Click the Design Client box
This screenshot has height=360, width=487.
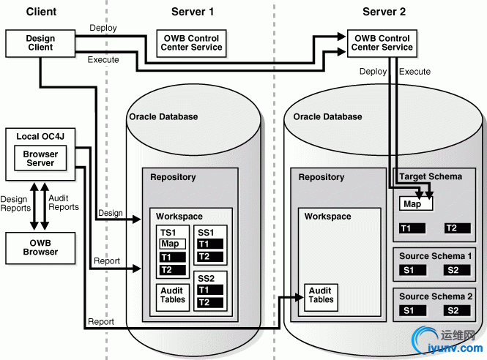pyautogui.click(x=40, y=43)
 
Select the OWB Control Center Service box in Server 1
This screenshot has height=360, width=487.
pyautogui.click(x=189, y=43)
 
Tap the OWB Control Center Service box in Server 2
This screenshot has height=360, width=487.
pyautogui.click(x=382, y=43)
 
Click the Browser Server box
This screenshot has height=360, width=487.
pyautogui.click(x=40, y=158)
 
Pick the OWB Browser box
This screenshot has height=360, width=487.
pyautogui.click(x=40, y=247)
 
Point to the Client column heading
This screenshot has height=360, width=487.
pyautogui.click(x=41, y=11)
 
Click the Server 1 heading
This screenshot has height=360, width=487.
pyautogui.click(x=193, y=11)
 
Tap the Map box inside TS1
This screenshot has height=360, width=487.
pyautogui.click(x=173, y=244)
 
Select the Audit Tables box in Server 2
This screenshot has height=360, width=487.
pyautogui.click(x=320, y=295)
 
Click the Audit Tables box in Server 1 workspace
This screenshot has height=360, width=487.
pyautogui.click(x=172, y=295)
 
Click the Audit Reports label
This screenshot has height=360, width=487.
pyautogui.click(x=64, y=203)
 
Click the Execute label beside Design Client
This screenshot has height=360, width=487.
pyautogui.click(x=103, y=60)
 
